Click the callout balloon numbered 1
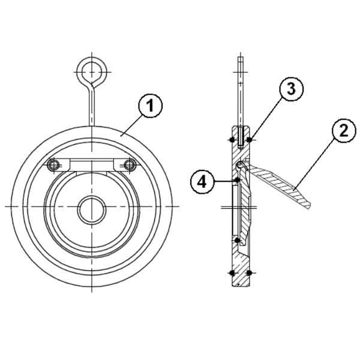151,106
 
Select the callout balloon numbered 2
344,131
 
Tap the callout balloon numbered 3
292,89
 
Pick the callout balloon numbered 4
202,182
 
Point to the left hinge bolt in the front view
53,164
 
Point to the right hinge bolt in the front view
130,164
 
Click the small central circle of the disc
92,210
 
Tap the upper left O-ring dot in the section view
232,139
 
